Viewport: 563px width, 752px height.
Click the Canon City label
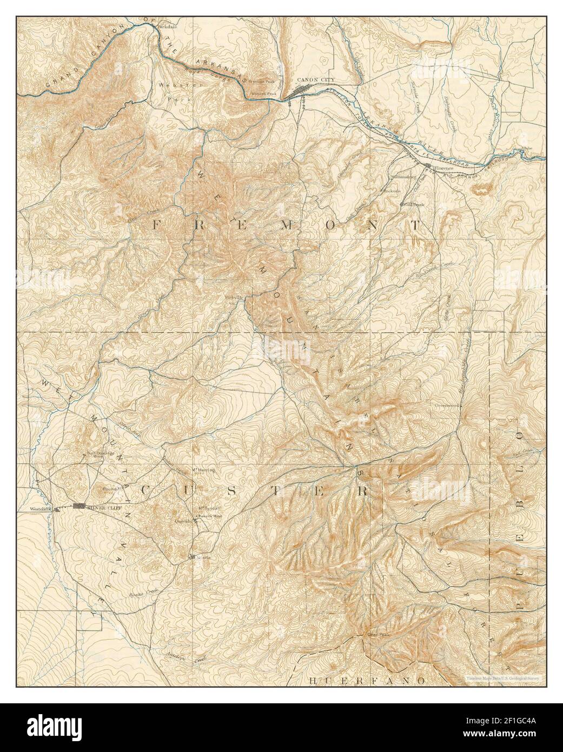[316, 80]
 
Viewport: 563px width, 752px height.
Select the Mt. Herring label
[203, 470]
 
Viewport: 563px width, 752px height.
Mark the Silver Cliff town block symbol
[80, 506]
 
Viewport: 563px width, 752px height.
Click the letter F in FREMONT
[157, 226]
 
